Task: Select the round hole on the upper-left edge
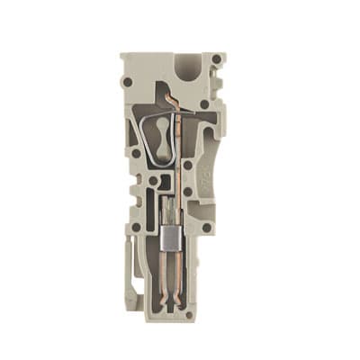pyautogui.click(x=129, y=82)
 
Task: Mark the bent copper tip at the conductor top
pyautogui.click(x=172, y=93)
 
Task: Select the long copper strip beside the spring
pyautogui.click(x=177, y=153)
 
